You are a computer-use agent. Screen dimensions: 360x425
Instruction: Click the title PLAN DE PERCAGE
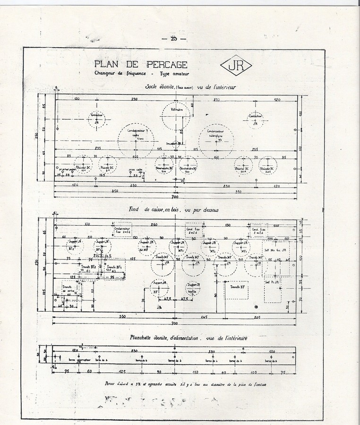(x=140, y=64)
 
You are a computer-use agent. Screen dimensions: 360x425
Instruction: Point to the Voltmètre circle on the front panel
(x=176, y=115)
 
